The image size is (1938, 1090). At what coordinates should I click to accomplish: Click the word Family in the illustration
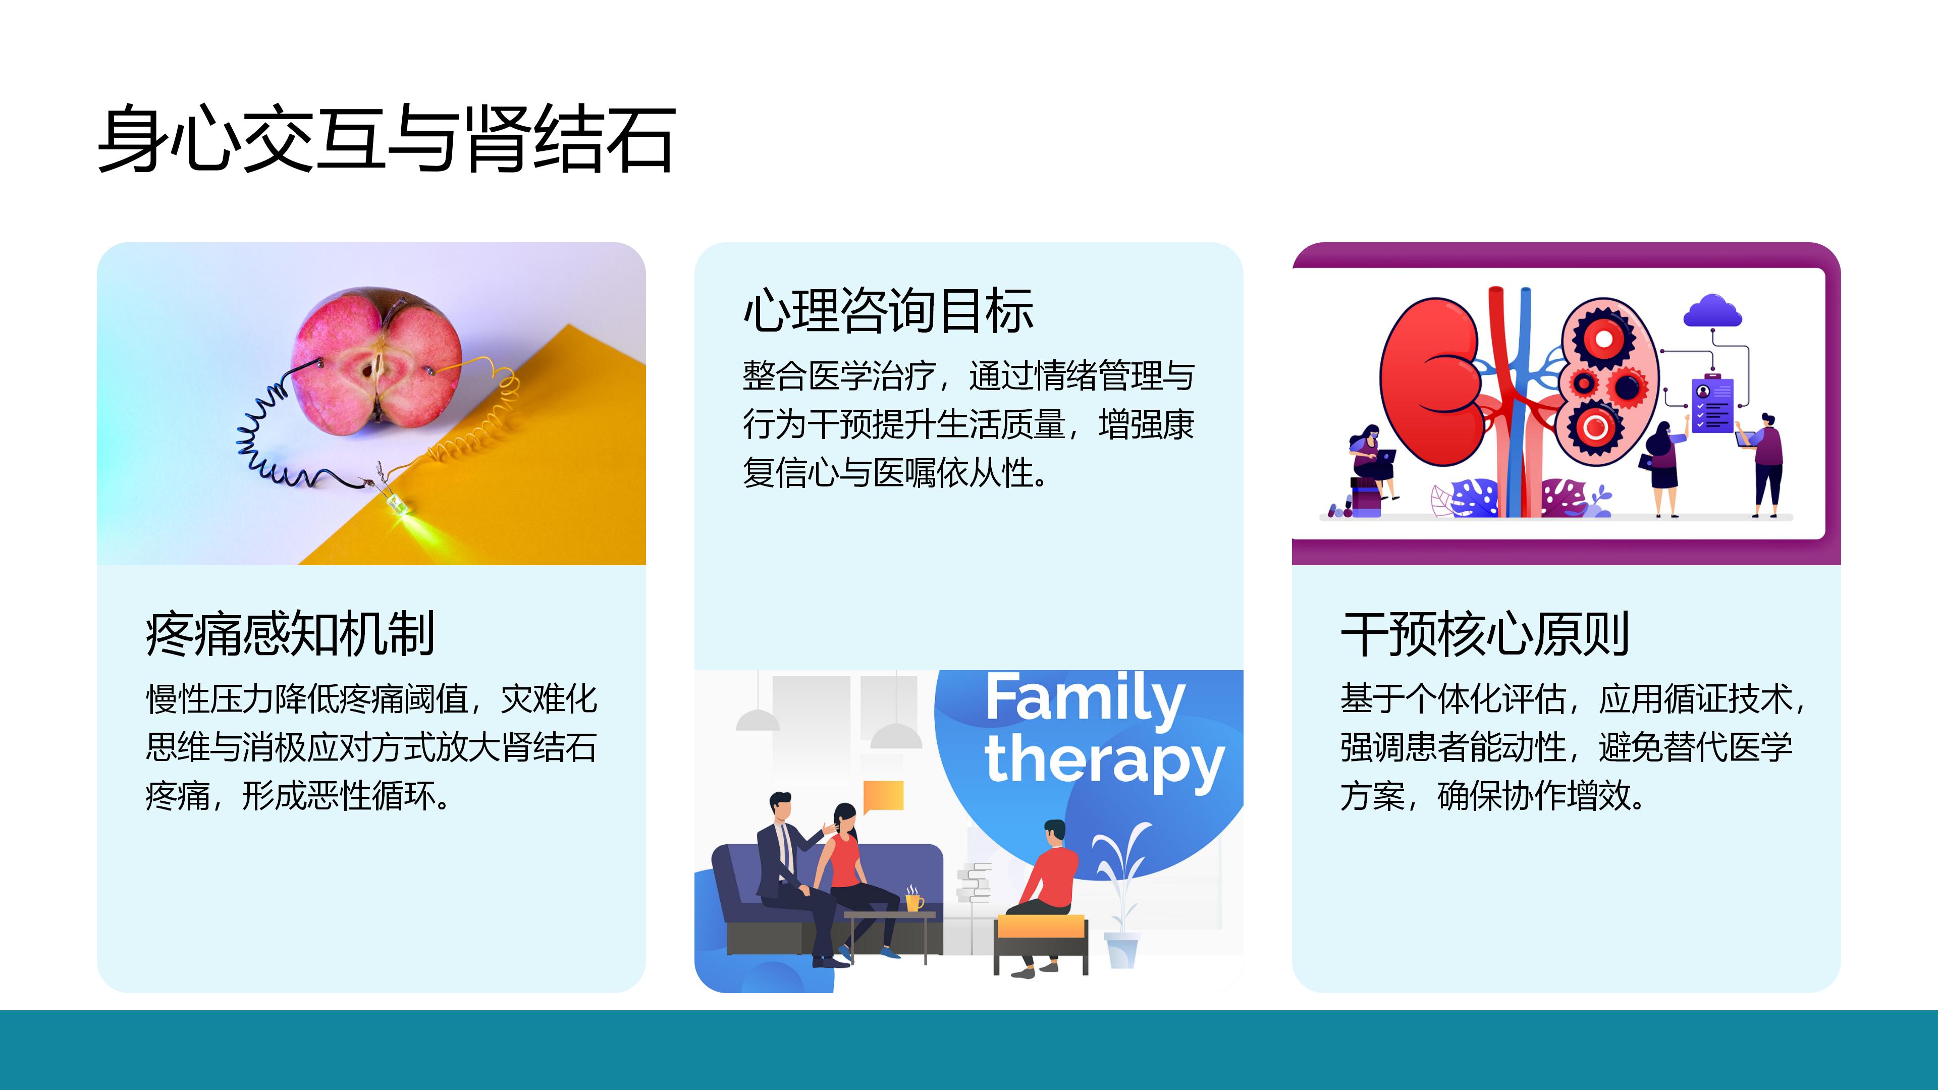(x=1085, y=699)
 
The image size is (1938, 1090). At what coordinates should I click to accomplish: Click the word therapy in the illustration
(x=1104, y=761)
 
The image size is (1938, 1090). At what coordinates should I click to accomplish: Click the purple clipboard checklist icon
(x=1711, y=404)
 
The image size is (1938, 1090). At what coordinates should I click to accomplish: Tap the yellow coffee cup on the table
(x=913, y=900)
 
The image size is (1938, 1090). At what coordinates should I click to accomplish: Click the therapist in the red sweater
(x=1042, y=897)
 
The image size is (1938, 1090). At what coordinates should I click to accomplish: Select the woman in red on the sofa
(x=857, y=880)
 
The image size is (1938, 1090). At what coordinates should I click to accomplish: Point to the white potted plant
(x=1121, y=895)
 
